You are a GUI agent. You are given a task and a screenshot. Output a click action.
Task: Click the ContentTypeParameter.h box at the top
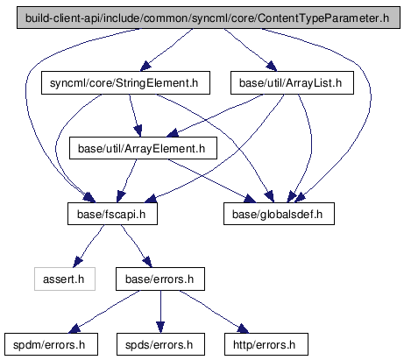click(209, 18)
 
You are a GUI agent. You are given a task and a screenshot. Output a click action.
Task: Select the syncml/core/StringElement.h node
click(125, 83)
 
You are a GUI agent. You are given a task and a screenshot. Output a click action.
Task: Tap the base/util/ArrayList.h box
click(292, 83)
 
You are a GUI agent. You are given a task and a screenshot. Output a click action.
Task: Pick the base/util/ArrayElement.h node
click(143, 148)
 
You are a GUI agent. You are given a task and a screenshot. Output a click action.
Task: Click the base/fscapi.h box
click(112, 214)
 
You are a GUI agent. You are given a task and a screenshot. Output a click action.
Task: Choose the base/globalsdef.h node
click(279, 214)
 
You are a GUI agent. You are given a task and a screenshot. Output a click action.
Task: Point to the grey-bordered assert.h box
click(65, 279)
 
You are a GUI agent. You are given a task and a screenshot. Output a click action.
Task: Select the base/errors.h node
click(160, 279)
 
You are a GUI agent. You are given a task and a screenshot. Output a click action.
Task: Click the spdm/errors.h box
click(51, 344)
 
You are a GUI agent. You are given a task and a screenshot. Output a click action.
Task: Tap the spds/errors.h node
click(160, 344)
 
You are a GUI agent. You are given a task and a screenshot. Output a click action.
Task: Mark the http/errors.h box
click(266, 344)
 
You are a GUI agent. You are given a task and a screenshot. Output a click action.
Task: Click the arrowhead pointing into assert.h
click(77, 262)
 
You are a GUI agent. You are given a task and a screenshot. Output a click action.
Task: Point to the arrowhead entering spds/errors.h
click(160, 328)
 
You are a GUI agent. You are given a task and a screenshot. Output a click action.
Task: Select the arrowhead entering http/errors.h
click(243, 328)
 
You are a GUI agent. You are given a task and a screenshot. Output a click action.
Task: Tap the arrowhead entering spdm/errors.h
click(74, 328)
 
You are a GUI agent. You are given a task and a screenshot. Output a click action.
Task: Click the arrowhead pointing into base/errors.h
click(147, 262)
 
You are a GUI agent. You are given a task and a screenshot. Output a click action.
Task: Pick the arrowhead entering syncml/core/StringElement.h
click(145, 67)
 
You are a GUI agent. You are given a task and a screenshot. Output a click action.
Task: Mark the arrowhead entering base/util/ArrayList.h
click(271, 67)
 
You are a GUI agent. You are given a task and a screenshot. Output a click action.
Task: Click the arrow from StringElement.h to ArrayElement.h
click(135, 116)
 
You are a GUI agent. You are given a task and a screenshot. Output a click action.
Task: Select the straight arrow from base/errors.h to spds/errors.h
click(160, 312)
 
